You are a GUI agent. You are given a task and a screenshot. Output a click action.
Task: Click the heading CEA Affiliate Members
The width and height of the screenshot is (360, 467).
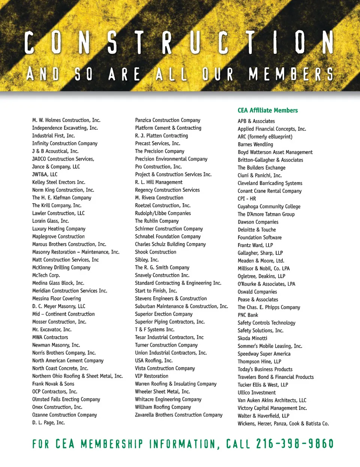click(x=267, y=110)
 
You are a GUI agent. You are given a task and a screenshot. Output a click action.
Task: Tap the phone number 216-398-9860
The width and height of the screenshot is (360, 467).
click(x=295, y=444)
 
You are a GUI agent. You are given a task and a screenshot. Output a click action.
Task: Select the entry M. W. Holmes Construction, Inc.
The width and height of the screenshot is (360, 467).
click(x=66, y=120)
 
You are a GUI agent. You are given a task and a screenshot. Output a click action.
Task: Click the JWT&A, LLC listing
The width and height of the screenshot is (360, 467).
click(x=45, y=174)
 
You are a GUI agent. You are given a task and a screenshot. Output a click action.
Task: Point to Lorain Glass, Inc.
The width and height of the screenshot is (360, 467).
click(x=50, y=221)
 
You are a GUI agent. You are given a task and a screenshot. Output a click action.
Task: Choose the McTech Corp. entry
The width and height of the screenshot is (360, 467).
click(x=46, y=275)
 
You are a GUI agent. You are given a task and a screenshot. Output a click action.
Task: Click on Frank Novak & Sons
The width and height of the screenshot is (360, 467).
click(x=53, y=384)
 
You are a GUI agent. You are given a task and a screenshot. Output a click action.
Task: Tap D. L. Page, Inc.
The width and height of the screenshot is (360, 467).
click(x=48, y=423)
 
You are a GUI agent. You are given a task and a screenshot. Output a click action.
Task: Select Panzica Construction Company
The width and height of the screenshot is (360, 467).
click(x=168, y=120)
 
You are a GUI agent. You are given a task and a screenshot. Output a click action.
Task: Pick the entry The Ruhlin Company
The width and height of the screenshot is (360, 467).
click(x=157, y=221)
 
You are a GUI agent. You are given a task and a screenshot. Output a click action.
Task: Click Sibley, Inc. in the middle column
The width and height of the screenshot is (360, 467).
click(x=147, y=260)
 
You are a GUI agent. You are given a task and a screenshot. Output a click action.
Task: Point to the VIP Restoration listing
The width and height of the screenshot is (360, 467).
click(x=151, y=376)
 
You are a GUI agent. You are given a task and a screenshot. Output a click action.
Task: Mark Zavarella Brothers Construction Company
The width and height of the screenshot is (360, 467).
click(x=178, y=415)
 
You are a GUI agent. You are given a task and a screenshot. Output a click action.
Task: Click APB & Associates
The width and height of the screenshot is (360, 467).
click(x=256, y=121)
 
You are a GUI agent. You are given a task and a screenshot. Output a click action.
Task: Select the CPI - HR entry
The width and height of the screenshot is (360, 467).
click(x=247, y=199)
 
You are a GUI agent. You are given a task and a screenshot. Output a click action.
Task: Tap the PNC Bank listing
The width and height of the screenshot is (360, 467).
click(x=248, y=315)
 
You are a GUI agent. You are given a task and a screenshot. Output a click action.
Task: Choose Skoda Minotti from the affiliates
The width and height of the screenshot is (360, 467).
click(x=252, y=338)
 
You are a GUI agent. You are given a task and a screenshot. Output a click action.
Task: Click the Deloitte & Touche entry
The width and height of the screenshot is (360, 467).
click(x=256, y=230)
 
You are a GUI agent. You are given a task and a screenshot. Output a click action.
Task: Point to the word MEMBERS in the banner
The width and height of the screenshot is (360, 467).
click(x=291, y=74)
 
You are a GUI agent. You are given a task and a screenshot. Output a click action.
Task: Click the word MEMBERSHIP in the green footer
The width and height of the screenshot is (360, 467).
click(x=112, y=444)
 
